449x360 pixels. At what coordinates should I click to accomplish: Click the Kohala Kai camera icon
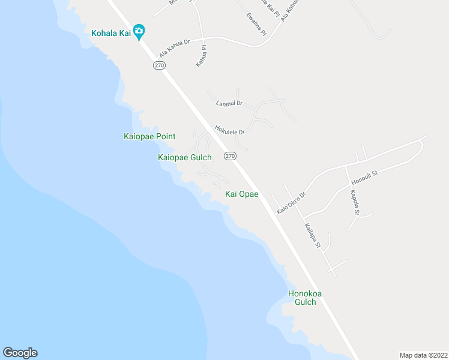139,31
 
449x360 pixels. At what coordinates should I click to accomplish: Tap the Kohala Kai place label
111,32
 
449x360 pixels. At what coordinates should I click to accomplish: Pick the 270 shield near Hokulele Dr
230,156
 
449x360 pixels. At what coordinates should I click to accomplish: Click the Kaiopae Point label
149,137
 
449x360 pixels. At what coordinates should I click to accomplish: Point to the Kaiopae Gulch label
184,158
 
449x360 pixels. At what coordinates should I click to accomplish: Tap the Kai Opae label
241,194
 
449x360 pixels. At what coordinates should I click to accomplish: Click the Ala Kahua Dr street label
175,47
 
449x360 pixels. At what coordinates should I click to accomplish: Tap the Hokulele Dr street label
230,130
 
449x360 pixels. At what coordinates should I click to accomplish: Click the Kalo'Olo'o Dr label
291,203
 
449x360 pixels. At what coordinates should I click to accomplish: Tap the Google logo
20,353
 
